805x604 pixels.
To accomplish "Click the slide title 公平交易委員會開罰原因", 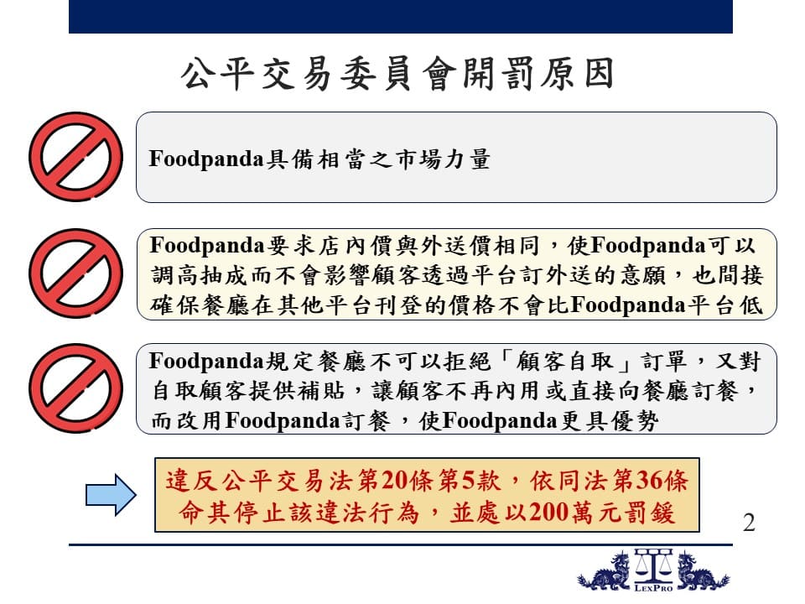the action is point(397,74).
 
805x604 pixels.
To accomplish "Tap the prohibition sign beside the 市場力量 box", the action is point(76,157).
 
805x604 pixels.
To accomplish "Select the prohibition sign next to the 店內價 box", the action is point(76,273).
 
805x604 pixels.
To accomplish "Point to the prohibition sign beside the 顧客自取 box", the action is point(76,388).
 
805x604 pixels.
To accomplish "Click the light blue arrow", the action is point(111,495).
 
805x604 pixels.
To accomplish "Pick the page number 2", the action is point(749,523).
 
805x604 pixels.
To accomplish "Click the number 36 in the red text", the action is point(648,481).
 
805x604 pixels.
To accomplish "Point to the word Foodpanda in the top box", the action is point(206,159).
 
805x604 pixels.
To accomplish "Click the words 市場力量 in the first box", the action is point(442,159).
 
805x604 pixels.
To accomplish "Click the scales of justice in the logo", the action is point(653,566).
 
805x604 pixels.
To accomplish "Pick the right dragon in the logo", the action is point(701,571).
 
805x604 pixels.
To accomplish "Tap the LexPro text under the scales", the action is point(653,588).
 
